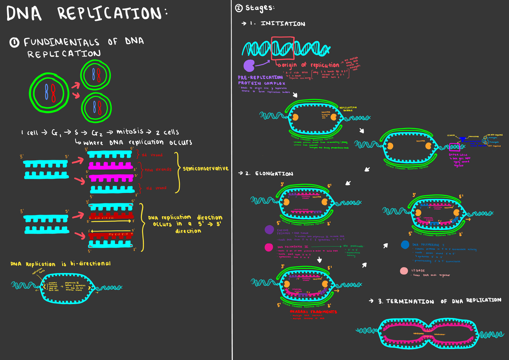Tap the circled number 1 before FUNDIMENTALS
tap(14, 42)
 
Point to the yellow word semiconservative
tap(205, 168)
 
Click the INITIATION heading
tap(282, 24)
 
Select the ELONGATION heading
tap(274, 174)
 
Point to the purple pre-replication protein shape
tap(249, 65)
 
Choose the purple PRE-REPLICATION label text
tap(260, 78)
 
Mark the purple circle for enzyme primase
tap(269, 229)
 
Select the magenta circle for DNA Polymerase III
tap(268, 247)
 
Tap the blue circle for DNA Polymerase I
tap(405, 245)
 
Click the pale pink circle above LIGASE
tap(405, 271)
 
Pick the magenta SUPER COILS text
tap(458, 156)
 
